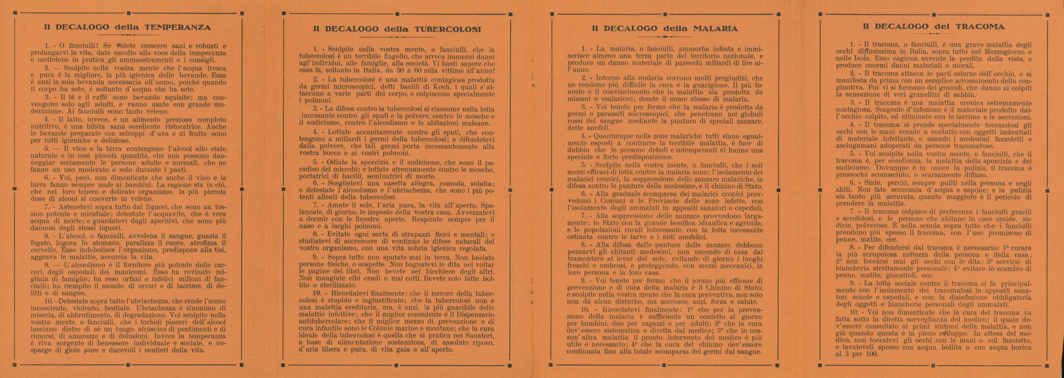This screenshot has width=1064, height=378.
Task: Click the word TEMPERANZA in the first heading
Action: coord(177,28)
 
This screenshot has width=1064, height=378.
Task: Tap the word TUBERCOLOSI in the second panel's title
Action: coord(448,29)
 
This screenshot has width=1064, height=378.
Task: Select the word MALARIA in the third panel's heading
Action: coord(715,29)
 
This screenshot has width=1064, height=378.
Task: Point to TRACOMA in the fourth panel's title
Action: coord(980,27)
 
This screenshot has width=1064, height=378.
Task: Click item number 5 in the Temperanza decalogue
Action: coord(47,149)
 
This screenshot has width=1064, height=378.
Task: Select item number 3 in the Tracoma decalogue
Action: coord(852,103)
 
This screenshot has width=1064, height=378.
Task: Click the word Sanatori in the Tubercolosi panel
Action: coord(479,336)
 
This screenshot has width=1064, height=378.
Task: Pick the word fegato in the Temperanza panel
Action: coord(41,243)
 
